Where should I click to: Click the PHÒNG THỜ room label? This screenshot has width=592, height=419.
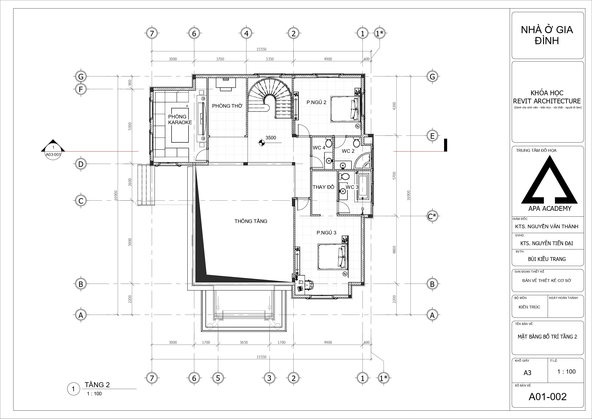[227, 106]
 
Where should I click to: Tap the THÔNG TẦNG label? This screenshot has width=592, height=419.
[251, 221]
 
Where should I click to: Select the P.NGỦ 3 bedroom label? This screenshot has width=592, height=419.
[326, 233]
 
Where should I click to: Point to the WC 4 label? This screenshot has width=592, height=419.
[319, 148]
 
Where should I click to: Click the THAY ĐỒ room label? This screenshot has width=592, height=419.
[323, 187]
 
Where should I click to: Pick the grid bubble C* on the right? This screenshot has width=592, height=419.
[432, 216]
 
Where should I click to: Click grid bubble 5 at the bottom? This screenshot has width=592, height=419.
[218, 378]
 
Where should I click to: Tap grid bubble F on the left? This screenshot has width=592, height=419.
[81, 90]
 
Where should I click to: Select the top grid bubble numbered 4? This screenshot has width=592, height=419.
[246, 33]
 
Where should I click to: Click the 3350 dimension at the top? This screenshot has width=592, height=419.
[270, 59]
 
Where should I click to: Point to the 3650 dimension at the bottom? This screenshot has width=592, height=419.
[244, 342]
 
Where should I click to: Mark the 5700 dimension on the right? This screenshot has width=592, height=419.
[394, 176]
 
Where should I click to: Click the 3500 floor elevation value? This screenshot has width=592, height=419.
[271, 138]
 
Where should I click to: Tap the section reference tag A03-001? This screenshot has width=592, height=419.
[53, 154]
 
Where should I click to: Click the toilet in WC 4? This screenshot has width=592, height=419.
[329, 142]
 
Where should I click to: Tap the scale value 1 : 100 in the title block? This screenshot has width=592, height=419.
[566, 371]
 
